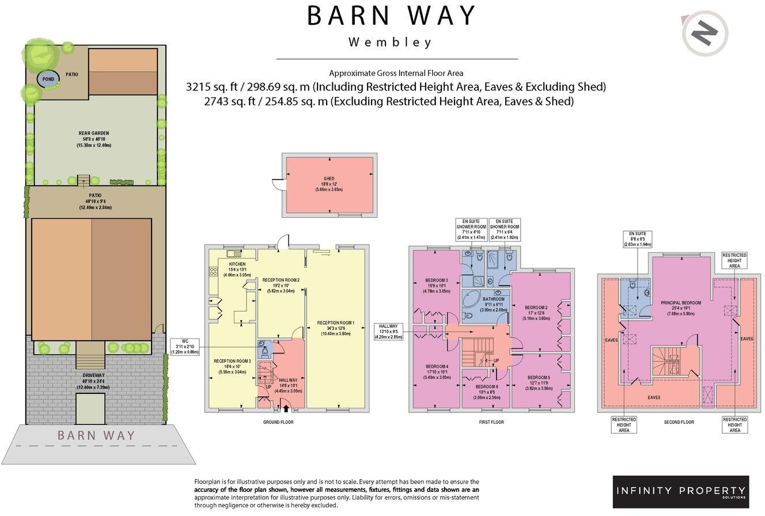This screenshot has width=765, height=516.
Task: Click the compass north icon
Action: (705, 33)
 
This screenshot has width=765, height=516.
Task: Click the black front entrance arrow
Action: (286, 408)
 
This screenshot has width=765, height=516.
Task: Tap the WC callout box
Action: (186, 346)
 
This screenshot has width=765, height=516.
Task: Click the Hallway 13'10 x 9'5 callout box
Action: (391, 332)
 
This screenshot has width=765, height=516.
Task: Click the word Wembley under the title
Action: (390, 43)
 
